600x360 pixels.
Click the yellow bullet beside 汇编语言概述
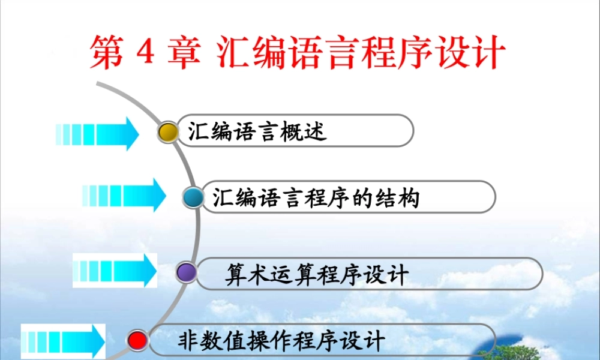coord(169,131)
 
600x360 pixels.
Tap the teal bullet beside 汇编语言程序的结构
coord(193,198)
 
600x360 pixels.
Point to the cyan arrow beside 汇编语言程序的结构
coord(124,195)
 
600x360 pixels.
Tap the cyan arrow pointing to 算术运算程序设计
coord(115,270)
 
